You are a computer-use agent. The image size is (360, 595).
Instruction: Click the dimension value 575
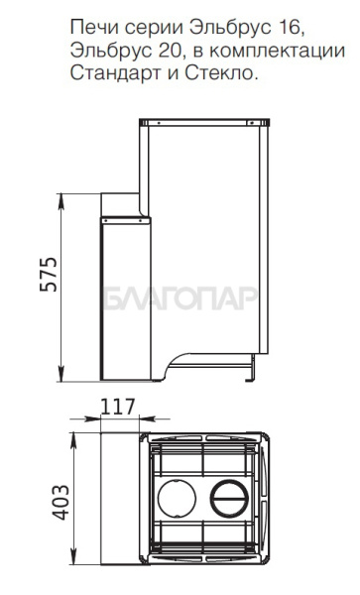pyautogui.click(x=49, y=275)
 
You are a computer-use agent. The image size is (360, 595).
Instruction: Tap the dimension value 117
pyautogui.click(x=117, y=407)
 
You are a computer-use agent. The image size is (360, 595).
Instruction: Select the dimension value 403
pyautogui.click(x=60, y=503)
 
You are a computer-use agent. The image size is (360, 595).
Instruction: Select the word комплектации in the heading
pyautogui.click(x=278, y=52)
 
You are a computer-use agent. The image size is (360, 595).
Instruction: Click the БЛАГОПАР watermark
pyautogui.click(x=180, y=298)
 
